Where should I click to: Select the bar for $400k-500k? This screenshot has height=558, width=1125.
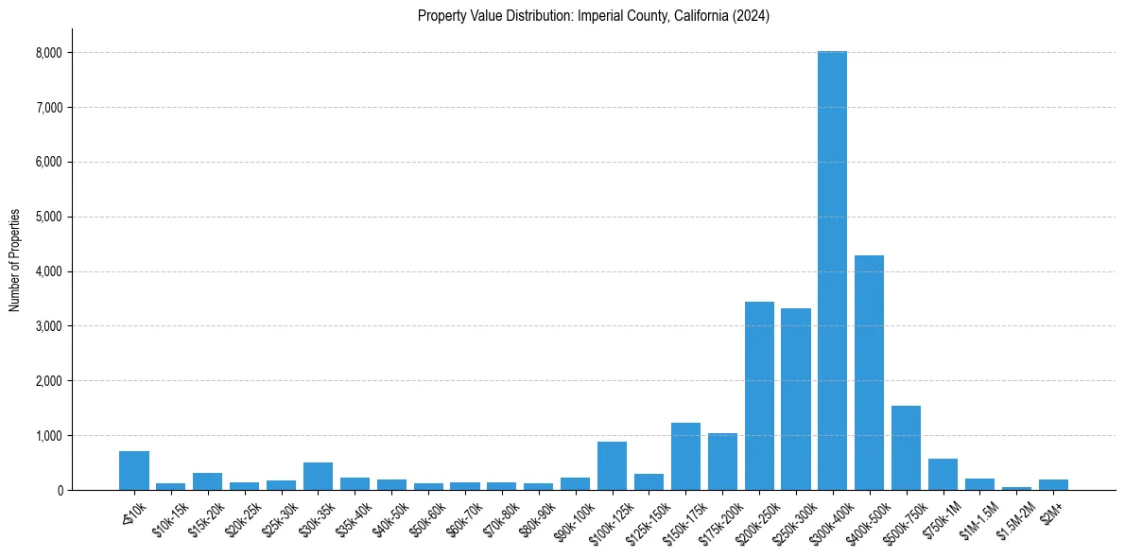pos(869,373)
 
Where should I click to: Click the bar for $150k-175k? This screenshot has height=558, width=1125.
pos(685,456)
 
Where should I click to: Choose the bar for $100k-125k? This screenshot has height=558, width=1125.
pos(612,465)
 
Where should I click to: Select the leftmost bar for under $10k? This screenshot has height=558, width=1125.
pos(134,470)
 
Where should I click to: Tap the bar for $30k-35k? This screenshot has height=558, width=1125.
pos(318,476)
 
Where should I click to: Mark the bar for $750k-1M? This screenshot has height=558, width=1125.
pos(943,474)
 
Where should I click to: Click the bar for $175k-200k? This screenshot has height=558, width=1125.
pos(722,462)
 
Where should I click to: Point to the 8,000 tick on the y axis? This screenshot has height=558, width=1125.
pos(47,53)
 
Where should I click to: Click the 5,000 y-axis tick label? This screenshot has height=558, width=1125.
pos(47,217)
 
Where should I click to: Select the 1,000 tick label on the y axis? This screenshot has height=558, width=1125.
pos(47,436)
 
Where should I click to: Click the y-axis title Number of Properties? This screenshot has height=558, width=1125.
pos(14,259)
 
